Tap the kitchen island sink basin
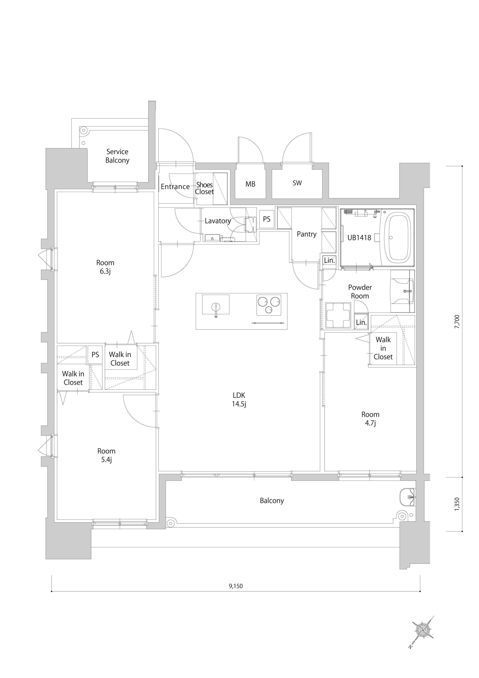(215, 304)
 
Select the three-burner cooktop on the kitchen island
(269, 304)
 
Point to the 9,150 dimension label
(236, 586)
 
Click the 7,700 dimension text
(457, 322)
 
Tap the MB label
(250, 184)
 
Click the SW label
(297, 183)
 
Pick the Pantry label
(306, 234)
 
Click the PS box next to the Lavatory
(267, 219)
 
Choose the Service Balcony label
(117, 156)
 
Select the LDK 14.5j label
(239, 400)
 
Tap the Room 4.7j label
(370, 418)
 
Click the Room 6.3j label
(105, 267)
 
